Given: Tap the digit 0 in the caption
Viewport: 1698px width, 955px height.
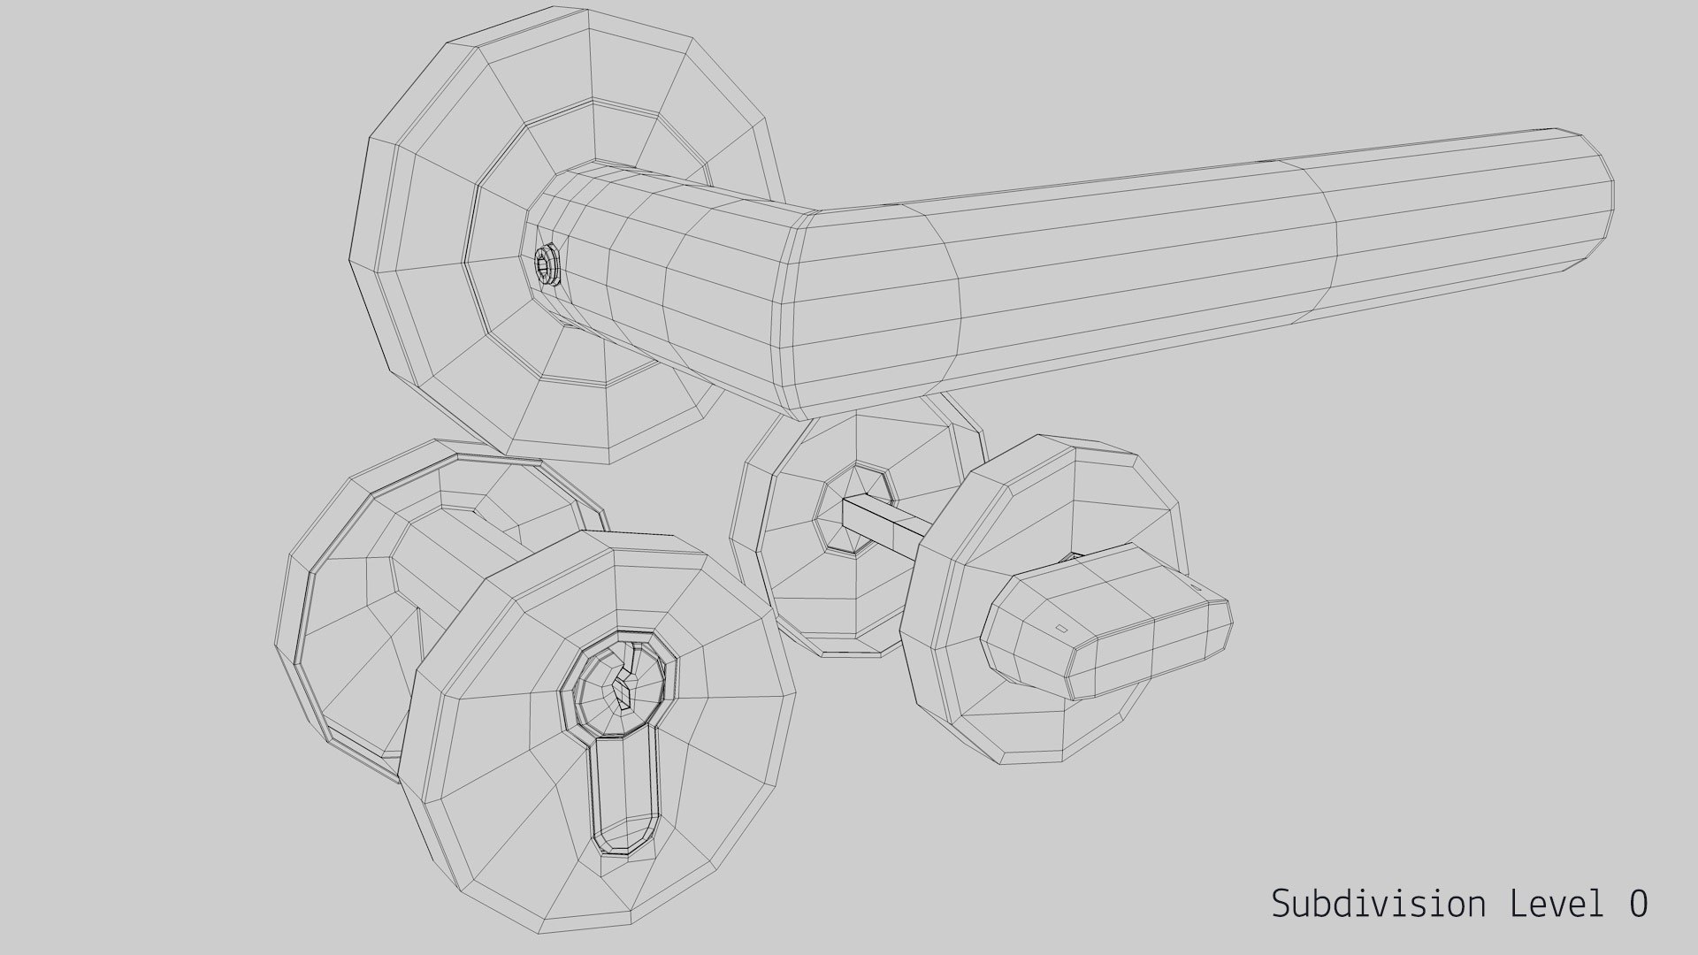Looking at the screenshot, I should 1638,904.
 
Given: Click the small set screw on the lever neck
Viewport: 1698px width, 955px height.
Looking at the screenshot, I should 546,264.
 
